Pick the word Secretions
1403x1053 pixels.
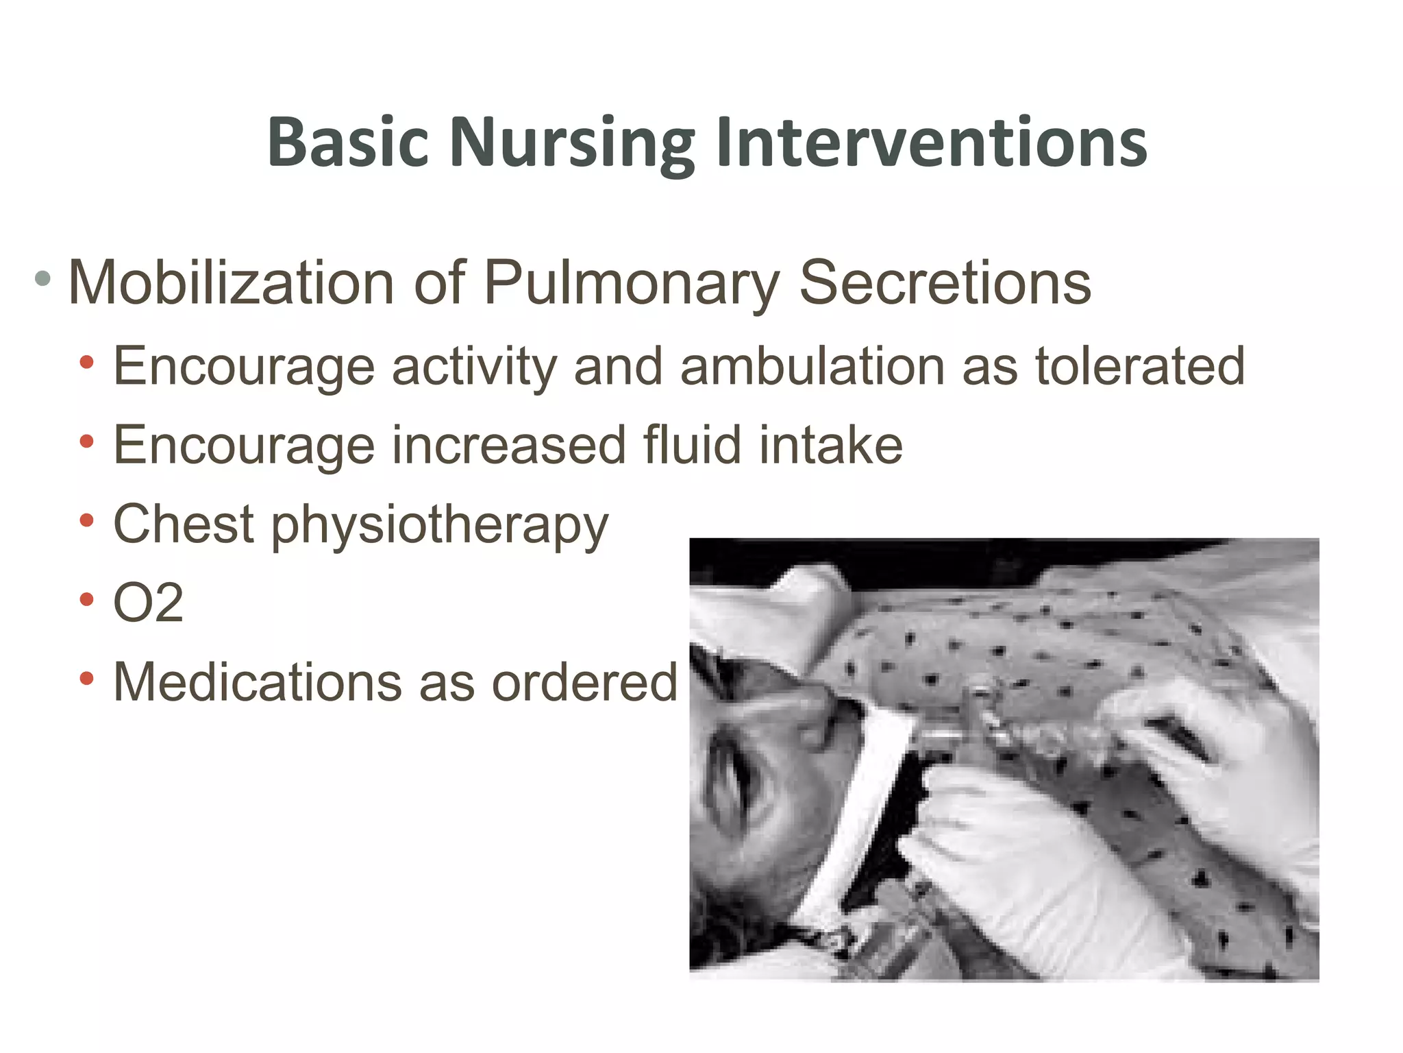click(x=945, y=282)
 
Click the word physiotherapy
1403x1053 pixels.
click(x=439, y=525)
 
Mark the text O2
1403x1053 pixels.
click(x=148, y=603)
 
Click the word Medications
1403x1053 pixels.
click(x=258, y=682)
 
